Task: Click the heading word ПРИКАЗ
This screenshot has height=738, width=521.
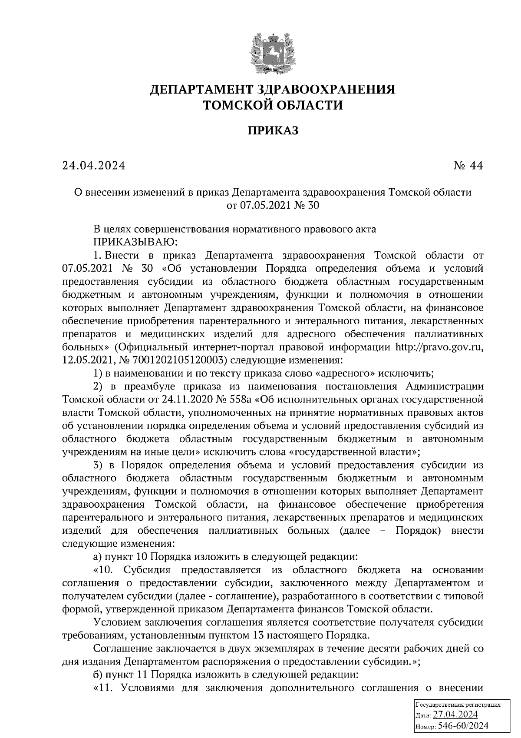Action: [273, 130]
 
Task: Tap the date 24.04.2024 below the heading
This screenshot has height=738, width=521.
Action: [93, 166]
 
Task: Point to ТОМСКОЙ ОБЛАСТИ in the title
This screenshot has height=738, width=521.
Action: [273, 105]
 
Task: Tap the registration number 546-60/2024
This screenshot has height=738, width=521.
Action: [463, 725]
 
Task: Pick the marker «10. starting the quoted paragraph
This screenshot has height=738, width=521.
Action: [103, 570]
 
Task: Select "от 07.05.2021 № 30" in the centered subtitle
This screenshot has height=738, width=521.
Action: [273, 205]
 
